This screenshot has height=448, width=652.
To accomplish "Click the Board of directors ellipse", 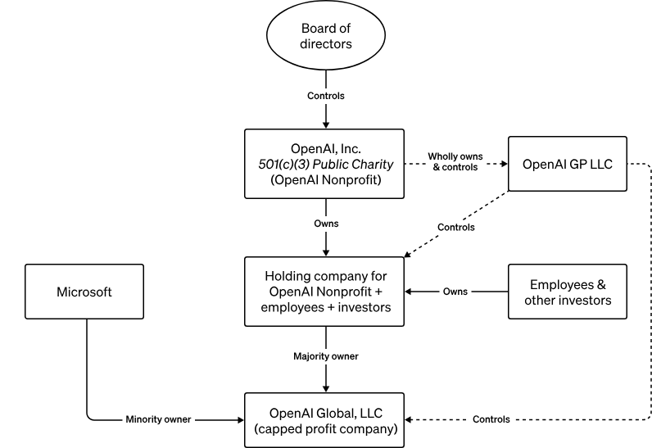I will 326,38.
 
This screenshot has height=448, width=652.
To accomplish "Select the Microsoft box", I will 84,292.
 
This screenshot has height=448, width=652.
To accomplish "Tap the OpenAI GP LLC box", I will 567,164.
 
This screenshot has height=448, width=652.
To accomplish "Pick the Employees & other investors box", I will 567,292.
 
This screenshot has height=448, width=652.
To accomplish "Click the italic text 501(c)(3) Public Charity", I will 326,164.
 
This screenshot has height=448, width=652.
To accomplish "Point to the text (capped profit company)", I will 326,428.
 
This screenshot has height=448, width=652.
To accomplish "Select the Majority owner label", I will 326,356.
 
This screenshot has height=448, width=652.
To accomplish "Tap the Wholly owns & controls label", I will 455,162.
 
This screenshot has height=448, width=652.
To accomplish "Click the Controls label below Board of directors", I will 326,96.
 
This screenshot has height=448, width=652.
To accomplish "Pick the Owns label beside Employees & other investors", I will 455,292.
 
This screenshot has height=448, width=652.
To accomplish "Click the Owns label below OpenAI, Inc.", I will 326,223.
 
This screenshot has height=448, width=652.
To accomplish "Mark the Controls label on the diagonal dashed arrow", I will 455,227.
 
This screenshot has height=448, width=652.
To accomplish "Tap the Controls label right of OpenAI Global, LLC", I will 491,419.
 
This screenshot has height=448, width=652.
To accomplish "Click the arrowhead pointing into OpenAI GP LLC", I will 503,164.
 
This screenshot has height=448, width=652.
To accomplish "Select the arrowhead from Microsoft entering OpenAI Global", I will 241,419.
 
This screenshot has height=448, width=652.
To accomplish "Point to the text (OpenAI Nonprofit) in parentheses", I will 326,179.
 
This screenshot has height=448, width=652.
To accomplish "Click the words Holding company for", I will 326,275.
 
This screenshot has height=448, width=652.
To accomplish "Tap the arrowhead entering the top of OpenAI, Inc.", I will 326,124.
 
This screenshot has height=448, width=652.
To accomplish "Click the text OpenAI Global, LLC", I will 326,412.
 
